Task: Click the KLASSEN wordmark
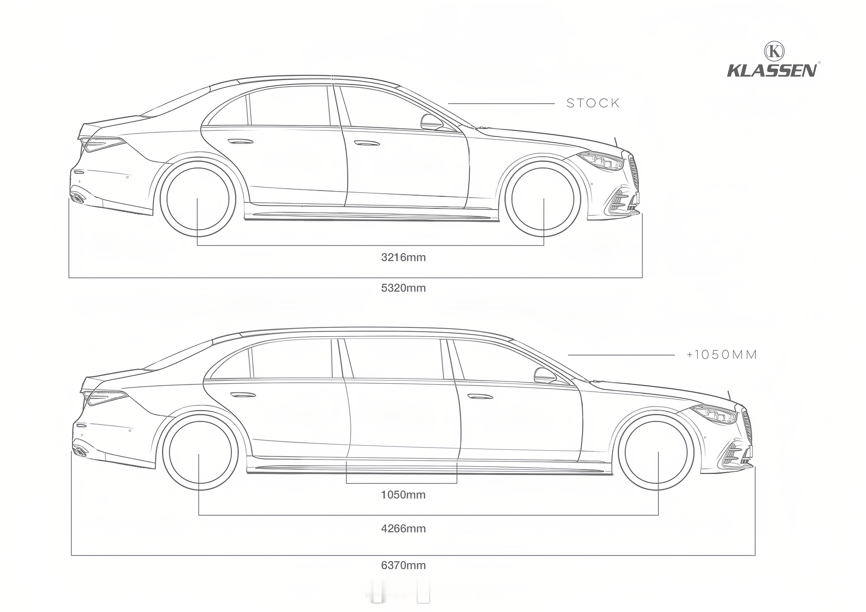click(772, 71)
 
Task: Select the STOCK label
click(593, 103)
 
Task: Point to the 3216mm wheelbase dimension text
click(403, 258)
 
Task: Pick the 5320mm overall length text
click(403, 288)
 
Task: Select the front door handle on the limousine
click(480, 396)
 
